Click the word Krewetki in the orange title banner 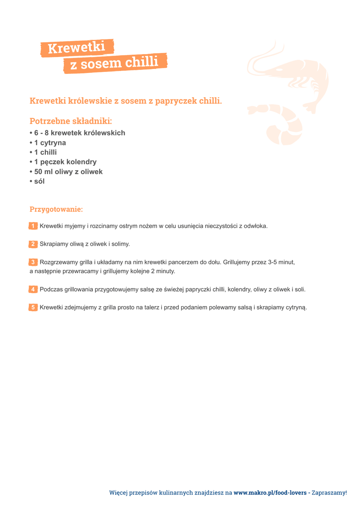tap(76, 48)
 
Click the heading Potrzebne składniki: tap(71, 121)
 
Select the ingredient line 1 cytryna tap(48, 143)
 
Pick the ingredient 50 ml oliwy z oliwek tap(67, 172)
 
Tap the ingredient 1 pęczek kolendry tap(64, 162)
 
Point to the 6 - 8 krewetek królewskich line tap(78, 133)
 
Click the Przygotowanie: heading tap(56, 209)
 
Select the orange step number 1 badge tap(33, 226)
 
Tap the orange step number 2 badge tap(33, 244)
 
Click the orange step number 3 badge tap(33, 262)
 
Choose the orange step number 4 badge tap(33, 289)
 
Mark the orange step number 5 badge tap(33, 308)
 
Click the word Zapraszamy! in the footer tap(329, 493)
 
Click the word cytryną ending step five tap(296, 308)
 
